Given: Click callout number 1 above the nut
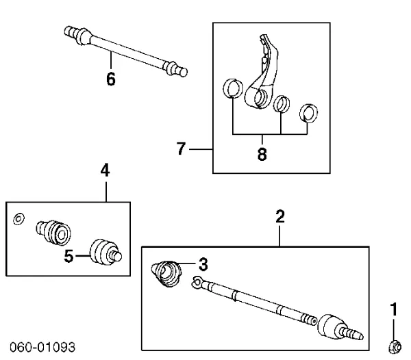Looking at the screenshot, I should point(393,310).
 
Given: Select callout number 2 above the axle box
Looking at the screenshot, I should point(280,217).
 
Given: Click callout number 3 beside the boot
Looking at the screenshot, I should point(202,263).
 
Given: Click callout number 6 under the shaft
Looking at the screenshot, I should point(111,79).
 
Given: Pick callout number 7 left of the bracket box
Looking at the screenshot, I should point(182,149).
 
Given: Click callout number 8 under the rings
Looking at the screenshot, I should point(262,154).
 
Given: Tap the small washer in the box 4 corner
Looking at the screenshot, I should point(20,218).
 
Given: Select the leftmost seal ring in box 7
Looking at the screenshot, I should point(234,89).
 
